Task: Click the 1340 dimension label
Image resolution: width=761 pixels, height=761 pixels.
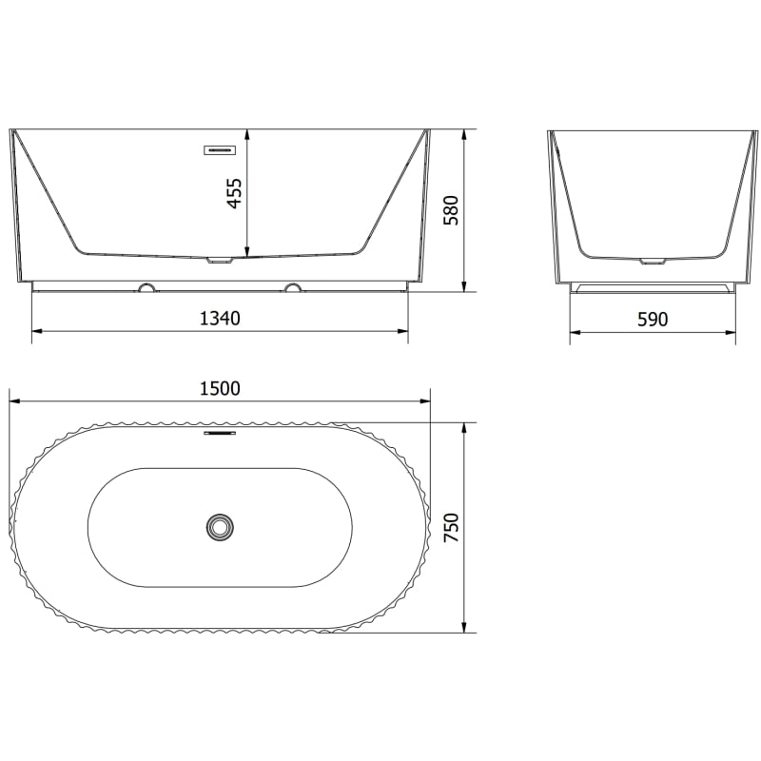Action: tap(220, 319)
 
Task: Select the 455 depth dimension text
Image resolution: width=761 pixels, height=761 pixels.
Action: tap(234, 194)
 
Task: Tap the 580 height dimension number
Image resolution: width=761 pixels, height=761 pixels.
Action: tap(451, 210)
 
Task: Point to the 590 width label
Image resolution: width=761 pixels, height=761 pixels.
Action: tap(653, 320)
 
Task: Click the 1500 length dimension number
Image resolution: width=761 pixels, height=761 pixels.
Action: tap(220, 389)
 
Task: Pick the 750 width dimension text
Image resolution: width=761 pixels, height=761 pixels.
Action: tap(451, 528)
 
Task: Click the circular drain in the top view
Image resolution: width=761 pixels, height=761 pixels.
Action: tap(220, 526)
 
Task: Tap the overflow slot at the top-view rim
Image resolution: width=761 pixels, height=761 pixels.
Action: tap(220, 433)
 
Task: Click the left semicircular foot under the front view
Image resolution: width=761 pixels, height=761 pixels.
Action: tap(148, 287)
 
